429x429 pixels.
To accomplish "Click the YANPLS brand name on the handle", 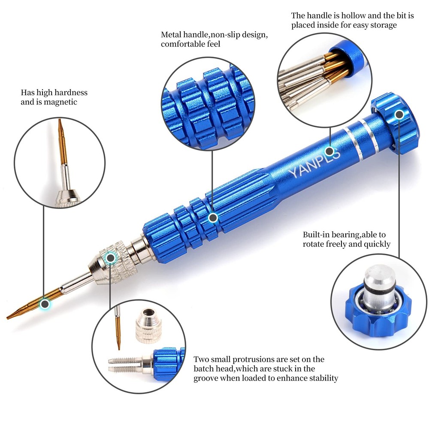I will click(x=314, y=162).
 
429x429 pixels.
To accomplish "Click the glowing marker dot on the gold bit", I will click(x=44, y=304).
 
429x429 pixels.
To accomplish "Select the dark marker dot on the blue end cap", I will click(x=399, y=115).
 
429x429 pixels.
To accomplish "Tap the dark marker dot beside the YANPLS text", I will click(x=329, y=151).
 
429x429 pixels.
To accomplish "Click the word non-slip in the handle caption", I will click(x=219, y=35).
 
